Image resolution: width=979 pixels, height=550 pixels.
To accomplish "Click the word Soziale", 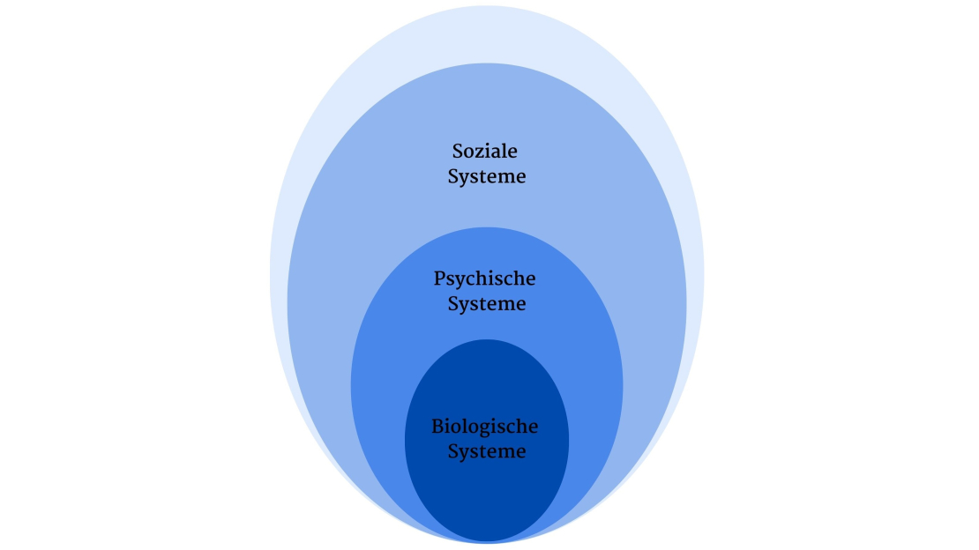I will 485,151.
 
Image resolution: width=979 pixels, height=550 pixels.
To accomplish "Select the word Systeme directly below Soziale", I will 487,176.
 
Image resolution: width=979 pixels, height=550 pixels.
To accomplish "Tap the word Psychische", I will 485,279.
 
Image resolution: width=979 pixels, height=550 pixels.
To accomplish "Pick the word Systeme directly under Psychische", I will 487,304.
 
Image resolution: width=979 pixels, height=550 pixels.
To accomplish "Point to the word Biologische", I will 485,427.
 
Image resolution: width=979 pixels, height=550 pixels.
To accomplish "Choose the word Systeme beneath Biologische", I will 487,452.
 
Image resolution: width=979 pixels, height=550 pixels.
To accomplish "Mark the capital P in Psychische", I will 440,279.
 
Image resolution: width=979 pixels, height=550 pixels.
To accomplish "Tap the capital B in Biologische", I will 437,427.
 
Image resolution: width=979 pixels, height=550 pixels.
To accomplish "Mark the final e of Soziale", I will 512,152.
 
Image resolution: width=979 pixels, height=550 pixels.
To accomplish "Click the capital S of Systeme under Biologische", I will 453,452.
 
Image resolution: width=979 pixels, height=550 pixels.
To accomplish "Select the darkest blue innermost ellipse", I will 487,502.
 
